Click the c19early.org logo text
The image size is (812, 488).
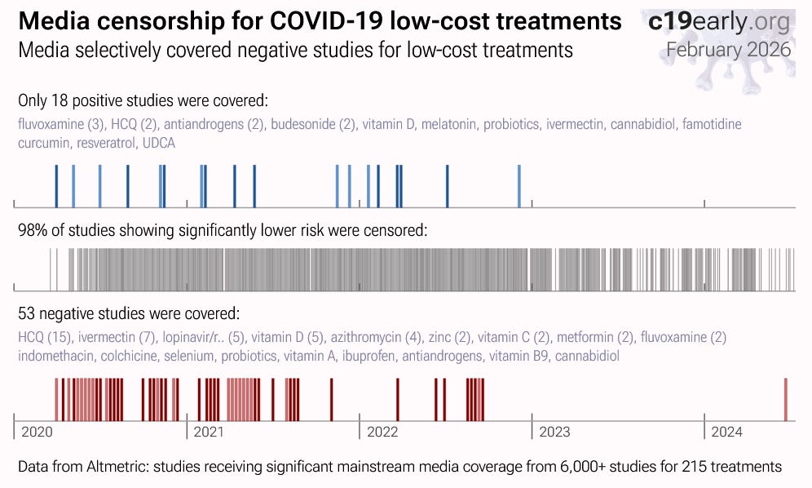718,21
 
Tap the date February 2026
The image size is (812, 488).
728,49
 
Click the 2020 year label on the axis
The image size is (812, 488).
38,432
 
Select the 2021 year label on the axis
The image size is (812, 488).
209,432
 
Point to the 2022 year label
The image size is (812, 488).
382,432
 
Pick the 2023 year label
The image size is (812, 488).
554,432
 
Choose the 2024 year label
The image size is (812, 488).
726,432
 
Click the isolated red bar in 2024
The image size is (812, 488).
786,400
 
